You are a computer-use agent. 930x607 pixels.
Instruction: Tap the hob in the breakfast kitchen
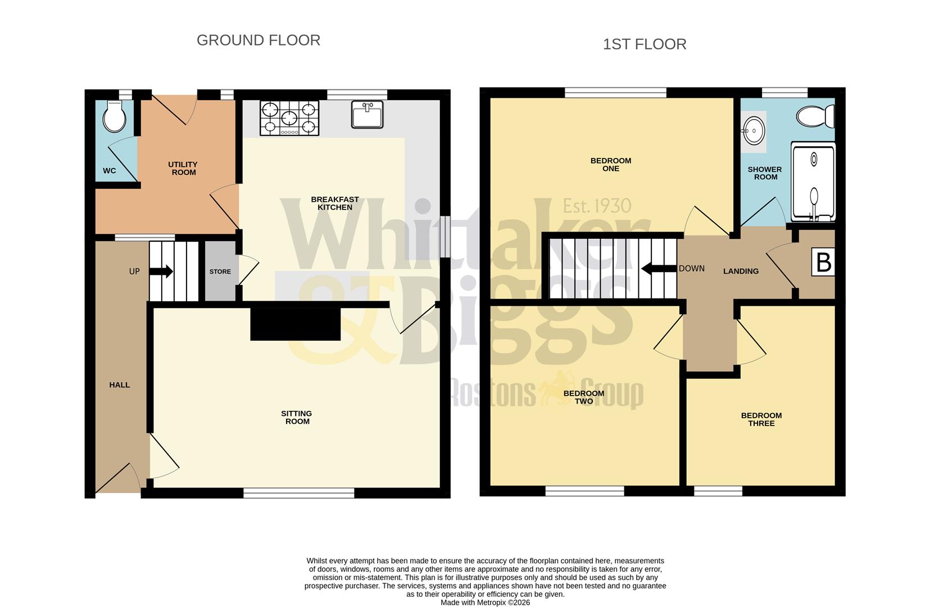289,118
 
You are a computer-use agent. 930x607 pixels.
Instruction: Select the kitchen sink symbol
367,114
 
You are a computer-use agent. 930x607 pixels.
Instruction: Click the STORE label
220,271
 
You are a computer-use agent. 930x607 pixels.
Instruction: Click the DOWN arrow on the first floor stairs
659,269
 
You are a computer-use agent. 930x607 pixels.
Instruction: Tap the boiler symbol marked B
823,262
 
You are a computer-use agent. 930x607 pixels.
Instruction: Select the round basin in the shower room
753,131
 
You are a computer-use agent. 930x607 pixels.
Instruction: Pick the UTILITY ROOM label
183,168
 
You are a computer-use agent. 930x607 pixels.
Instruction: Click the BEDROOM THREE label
761,419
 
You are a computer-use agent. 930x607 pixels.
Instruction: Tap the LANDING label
740,271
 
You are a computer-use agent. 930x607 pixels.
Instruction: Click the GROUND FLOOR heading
258,40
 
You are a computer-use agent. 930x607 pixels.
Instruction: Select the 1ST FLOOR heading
644,44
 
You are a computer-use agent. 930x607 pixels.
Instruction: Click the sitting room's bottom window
298,493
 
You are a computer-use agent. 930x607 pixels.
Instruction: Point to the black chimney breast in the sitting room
295,324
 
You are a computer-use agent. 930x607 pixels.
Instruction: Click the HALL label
119,385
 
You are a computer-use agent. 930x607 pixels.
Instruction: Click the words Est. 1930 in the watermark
597,206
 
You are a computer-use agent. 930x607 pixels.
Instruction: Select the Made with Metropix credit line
484,603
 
